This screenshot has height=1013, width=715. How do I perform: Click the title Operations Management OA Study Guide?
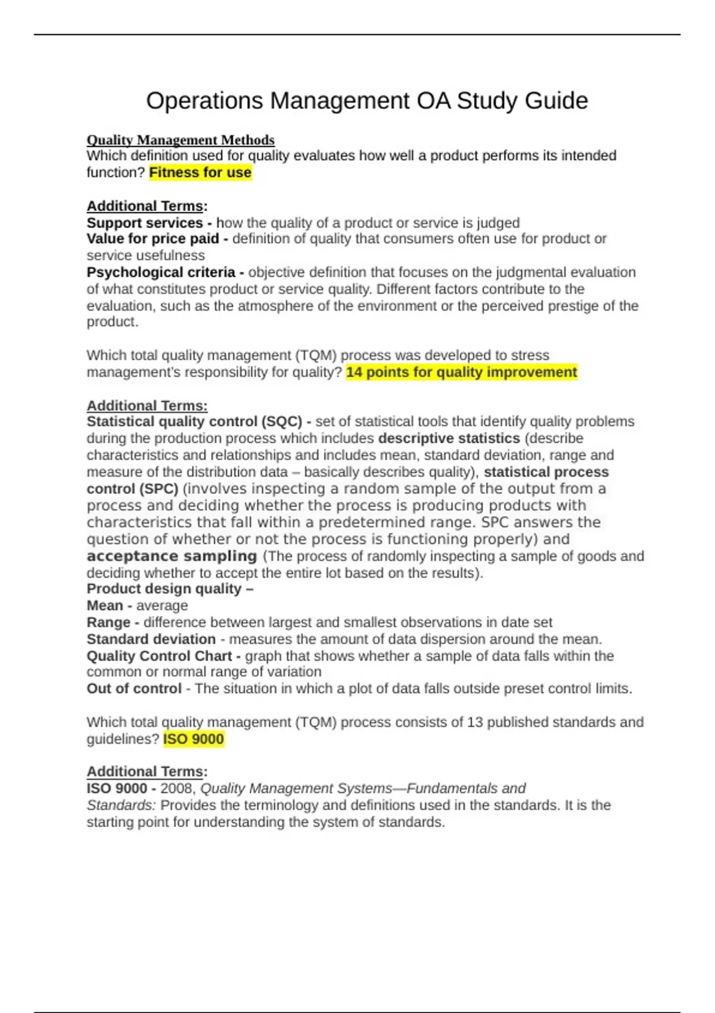coord(367,101)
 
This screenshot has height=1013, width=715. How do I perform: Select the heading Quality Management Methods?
coord(181,140)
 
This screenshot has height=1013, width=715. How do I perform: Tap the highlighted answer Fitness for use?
coord(200,173)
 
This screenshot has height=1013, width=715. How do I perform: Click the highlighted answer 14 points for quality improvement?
coord(461,372)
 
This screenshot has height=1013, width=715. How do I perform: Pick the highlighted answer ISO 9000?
coord(194,739)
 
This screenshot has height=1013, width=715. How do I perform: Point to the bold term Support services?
coord(145,223)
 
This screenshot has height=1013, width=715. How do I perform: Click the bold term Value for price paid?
coord(153,239)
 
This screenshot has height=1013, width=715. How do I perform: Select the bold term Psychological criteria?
coord(161,272)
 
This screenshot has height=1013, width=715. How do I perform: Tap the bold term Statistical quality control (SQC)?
coord(194,422)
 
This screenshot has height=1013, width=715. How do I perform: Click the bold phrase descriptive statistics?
coord(449,439)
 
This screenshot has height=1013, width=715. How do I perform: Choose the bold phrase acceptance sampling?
coord(172,556)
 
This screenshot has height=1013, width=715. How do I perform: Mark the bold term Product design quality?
coord(164,589)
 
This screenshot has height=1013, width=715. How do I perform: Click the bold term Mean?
coord(104,605)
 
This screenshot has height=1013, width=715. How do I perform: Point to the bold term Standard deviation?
coord(151,639)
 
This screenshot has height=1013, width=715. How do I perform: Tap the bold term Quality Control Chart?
coord(159,656)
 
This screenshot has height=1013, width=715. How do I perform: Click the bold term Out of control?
coord(134,689)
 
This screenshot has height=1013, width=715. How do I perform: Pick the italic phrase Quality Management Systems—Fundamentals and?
coord(363,789)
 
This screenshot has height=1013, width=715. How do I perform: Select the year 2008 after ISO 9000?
coord(177,789)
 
